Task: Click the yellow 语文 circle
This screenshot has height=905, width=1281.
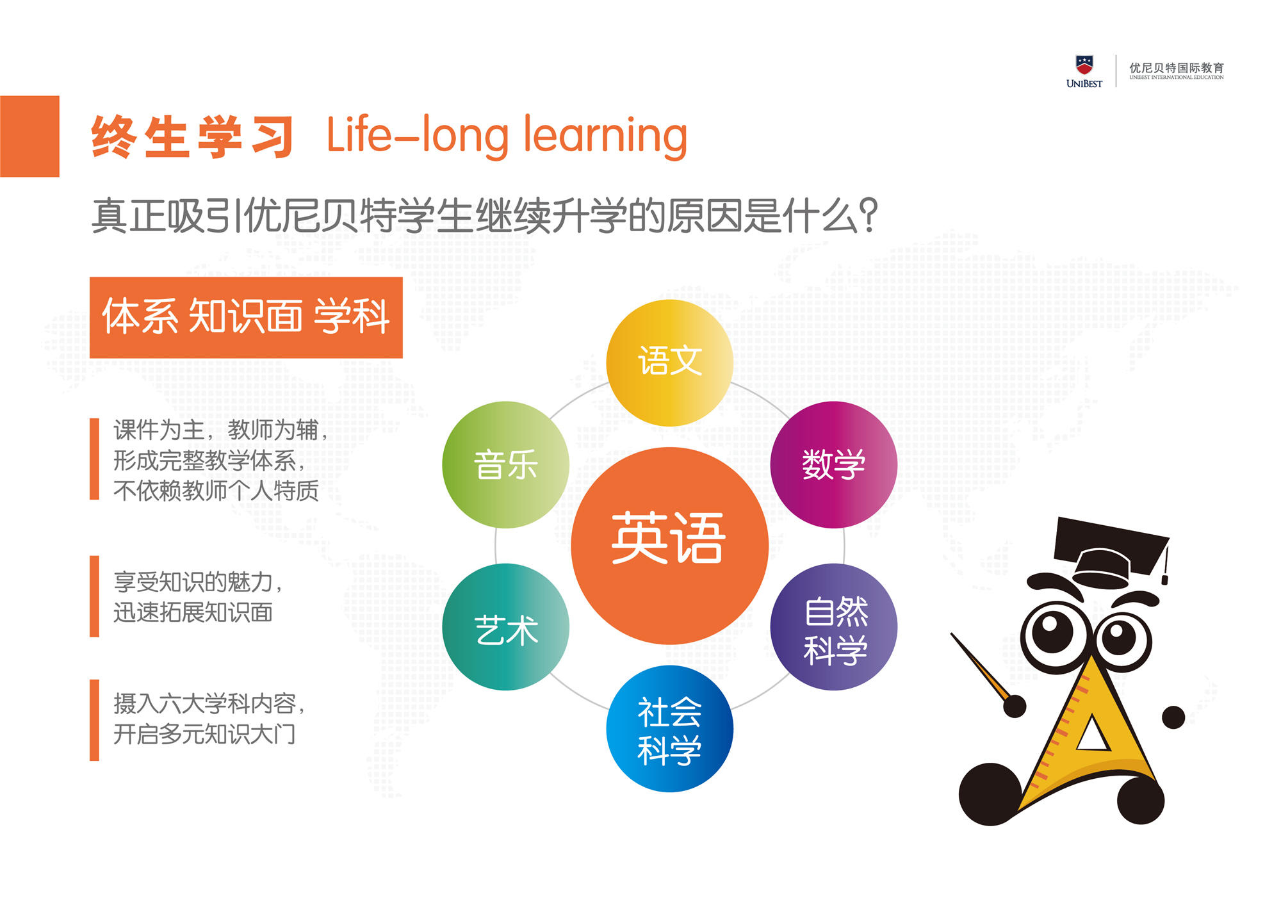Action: [669, 363]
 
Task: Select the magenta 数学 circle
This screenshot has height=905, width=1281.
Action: [833, 464]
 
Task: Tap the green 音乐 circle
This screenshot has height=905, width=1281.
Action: [505, 464]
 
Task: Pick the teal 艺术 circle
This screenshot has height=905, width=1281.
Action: [505, 626]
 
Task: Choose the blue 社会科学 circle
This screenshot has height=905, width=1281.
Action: [669, 729]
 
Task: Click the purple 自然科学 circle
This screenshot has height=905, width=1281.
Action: [833, 626]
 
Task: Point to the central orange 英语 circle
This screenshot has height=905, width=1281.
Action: [669, 546]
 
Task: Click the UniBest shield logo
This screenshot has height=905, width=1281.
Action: [1084, 65]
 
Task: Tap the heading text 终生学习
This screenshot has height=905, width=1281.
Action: [192, 136]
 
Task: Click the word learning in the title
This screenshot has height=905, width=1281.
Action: [605, 136]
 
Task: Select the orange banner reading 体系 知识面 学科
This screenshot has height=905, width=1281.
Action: [246, 317]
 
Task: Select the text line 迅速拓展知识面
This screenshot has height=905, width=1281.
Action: [193, 613]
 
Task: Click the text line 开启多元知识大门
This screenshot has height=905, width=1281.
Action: [204, 734]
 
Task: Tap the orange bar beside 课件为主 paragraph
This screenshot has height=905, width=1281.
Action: [94, 459]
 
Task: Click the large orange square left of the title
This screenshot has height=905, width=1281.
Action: [29, 136]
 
